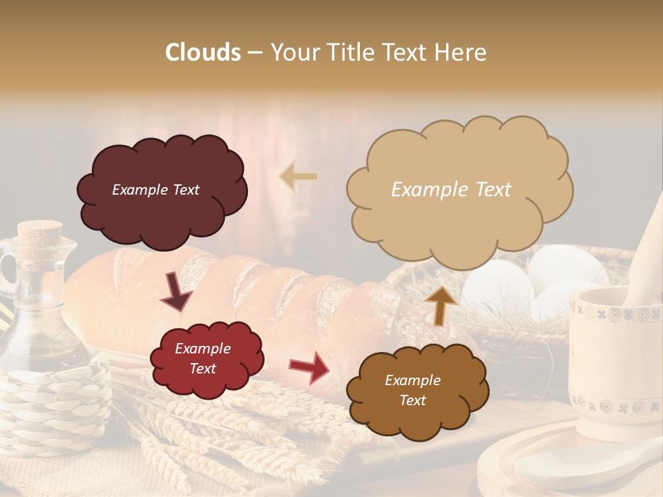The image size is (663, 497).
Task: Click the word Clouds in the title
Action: click(x=203, y=52)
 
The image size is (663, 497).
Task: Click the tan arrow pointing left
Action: click(x=299, y=176)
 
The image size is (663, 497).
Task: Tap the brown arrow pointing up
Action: click(x=440, y=305)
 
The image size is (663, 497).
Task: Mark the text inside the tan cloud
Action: click(x=451, y=190)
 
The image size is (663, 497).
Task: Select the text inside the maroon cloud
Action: click(x=155, y=190)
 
